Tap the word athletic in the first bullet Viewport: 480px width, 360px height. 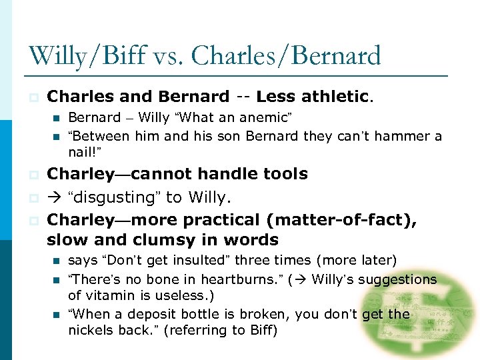point(335,97)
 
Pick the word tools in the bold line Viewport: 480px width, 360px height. point(283,174)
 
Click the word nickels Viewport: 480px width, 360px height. point(89,330)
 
